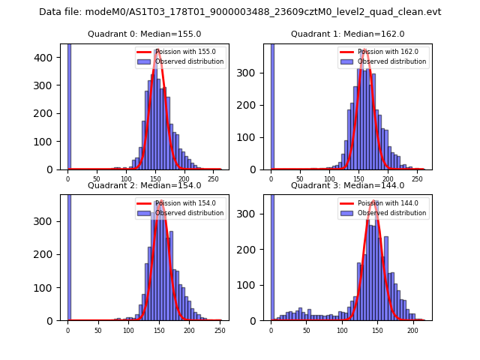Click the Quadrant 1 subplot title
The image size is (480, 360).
coord(347,34)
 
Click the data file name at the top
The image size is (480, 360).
coord(240,12)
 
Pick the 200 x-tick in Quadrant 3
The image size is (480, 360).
coord(412,329)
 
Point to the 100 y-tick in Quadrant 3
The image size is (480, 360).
coord(255,285)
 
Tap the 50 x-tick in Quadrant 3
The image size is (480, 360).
coord(306,329)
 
